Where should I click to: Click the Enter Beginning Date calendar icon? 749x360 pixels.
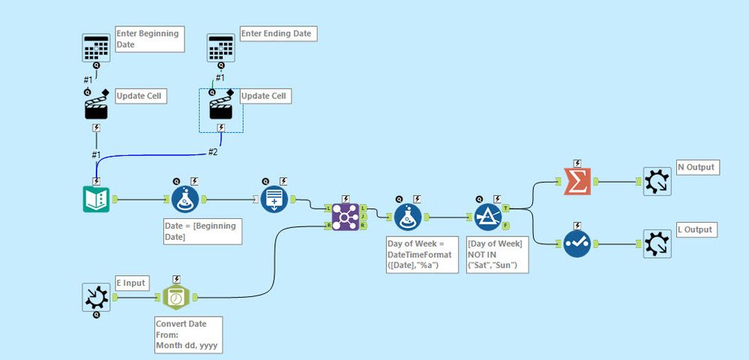(97, 48)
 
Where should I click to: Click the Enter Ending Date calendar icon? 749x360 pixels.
(221, 48)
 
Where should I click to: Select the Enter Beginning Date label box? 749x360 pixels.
(149, 40)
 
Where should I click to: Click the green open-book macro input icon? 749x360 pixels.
(97, 200)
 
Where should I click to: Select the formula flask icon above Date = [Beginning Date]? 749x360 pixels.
(184, 200)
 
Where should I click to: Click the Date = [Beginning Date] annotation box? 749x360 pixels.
(202, 231)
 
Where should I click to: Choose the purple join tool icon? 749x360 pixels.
(345, 217)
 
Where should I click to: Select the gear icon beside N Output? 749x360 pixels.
(657, 181)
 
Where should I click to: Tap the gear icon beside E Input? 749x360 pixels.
(97, 298)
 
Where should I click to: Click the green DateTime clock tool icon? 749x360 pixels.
(177, 298)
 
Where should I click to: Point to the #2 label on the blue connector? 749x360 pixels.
(214, 152)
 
